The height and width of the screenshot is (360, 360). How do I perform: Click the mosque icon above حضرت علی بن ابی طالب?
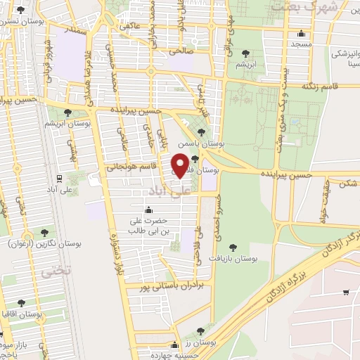(148, 210)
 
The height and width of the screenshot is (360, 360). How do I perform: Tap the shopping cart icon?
(345, 292)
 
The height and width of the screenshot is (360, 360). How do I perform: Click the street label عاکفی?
(131, 26)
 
